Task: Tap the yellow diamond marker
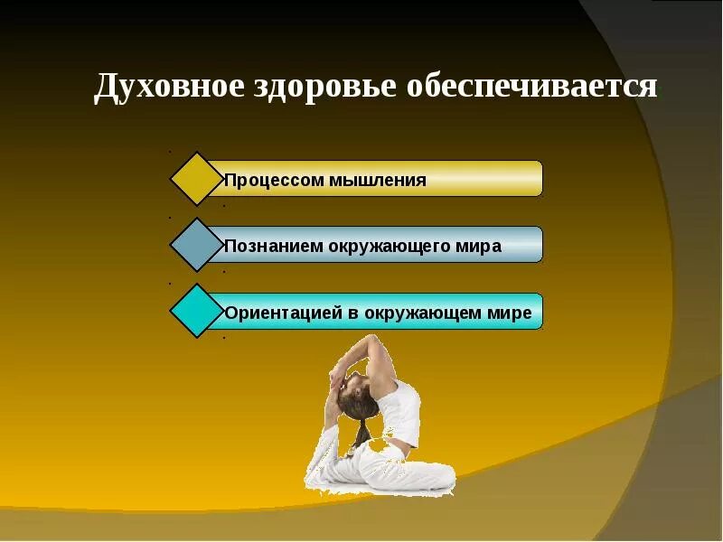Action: (197, 178)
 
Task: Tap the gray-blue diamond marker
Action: (197, 244)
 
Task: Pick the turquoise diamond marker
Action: (197, 310)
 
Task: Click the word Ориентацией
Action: (283, 313)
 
